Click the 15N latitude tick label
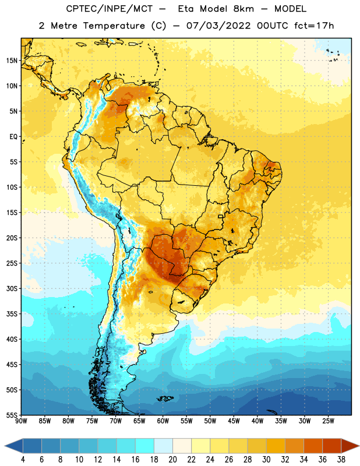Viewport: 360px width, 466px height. (x=12, y=61)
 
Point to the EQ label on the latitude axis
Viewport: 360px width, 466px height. (x=13, y=137)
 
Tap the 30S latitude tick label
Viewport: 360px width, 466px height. (x=12, y=288)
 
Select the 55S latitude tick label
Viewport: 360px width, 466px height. (x=12, y=415)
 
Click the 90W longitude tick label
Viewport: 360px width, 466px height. (x=21, y=421)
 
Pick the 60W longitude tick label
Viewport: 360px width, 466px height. (x=163, y=421)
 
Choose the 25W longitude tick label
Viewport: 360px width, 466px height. (x=328, y=421)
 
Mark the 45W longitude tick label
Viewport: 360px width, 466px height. (x=234, y=421)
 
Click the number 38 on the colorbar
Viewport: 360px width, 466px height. (x=341, y=460)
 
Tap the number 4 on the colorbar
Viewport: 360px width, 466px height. (x=23, y=460)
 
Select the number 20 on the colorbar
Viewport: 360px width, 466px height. (x=172, y=460)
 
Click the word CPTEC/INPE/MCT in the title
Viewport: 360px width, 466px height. (x=109, y=9)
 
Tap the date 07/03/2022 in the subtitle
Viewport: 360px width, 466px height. (x=218, y=26)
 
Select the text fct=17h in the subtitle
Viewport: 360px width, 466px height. (x=314, y=26)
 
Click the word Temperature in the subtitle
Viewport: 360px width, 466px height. (x=114, y=26)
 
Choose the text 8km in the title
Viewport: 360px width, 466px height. (x=243, y=9)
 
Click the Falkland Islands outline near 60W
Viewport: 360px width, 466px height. (x=165, y=398)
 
